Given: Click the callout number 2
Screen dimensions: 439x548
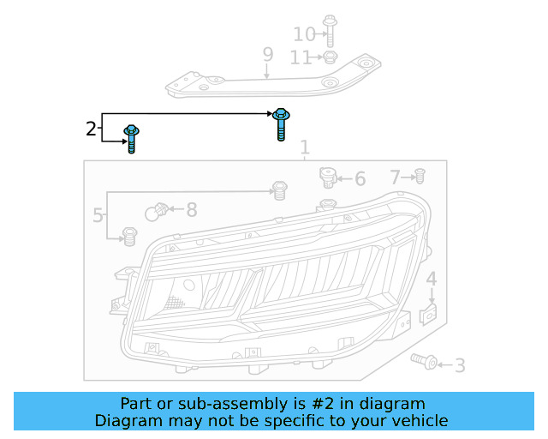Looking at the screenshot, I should coord(92,129).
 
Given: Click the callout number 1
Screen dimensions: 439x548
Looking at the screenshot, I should coord(304,149).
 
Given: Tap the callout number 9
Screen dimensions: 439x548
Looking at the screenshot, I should coord(268,55).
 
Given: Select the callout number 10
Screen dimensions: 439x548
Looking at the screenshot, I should coord(304,34).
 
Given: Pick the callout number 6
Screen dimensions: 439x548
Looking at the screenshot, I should coord(360,179).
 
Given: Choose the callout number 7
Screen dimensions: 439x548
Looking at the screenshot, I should coord(396,177).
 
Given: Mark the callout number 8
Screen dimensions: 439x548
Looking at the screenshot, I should coord(191,208).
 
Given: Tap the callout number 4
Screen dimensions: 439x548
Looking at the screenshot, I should coord(432,279).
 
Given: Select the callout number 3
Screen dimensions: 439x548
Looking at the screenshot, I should coord(460,366).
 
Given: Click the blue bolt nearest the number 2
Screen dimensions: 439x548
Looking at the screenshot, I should coord(133,138).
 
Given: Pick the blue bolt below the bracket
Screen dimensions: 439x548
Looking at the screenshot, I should coord(280,123).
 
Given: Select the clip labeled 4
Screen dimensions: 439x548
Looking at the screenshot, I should coord(431,315).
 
